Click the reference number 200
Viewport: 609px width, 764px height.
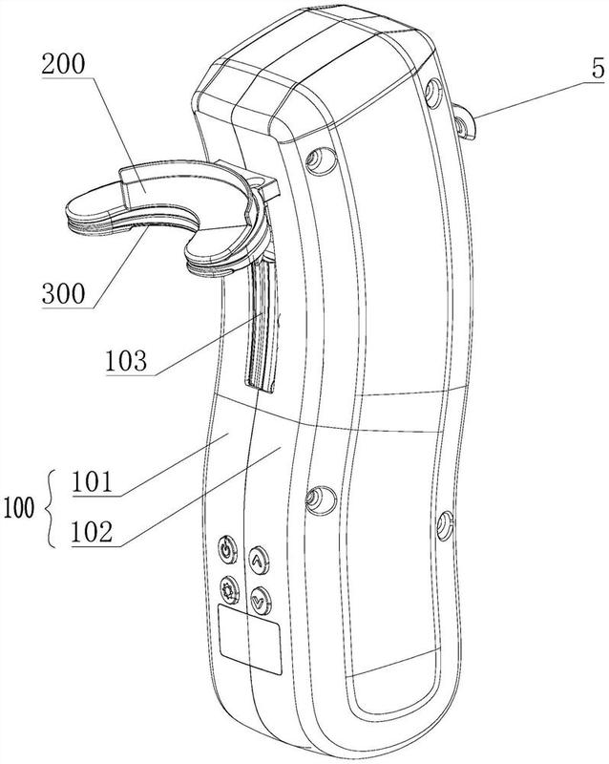click(63, 64)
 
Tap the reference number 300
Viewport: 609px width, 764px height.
click(63, 293)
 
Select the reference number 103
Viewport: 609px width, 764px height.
click(126, 361)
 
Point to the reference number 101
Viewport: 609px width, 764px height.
click(92, 482)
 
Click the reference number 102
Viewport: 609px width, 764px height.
click(92, 532)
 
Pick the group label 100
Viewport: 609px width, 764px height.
click(19, 508)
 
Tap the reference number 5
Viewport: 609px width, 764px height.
click(598, 69)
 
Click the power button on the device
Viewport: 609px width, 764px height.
click(227, 550)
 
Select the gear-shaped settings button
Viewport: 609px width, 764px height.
click(229, 590)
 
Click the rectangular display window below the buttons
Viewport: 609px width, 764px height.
click(249, 639)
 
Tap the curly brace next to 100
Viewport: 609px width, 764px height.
click(50, 508)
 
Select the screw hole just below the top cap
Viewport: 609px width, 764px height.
click(321, 159)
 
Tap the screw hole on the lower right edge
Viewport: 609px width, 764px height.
click(445, 526)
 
